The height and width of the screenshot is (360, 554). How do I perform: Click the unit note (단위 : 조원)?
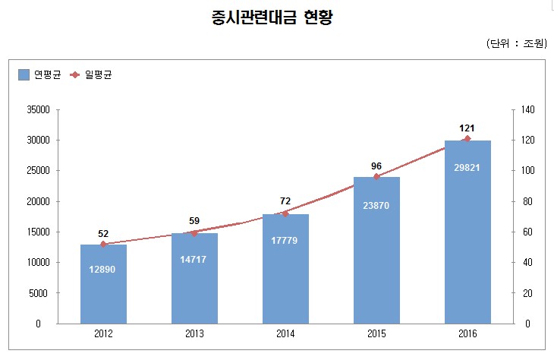click(516, 43)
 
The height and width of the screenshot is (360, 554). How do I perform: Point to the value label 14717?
click(194, 260)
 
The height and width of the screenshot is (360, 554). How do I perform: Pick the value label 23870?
click(376, 205)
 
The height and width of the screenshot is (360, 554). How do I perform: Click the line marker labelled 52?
click(103, 244)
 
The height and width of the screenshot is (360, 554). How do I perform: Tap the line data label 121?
click(467, 127)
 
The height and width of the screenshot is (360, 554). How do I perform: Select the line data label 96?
click(376, 165)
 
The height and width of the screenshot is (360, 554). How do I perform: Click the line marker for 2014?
click(285, 213)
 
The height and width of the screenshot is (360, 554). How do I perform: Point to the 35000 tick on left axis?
click(37, 110)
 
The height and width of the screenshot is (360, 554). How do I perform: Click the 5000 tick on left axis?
click(39, 293)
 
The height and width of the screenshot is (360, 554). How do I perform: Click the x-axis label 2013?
click(194, 333)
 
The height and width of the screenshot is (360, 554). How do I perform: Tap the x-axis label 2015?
click(376, 333)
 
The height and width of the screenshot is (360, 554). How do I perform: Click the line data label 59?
click(194, 221)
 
